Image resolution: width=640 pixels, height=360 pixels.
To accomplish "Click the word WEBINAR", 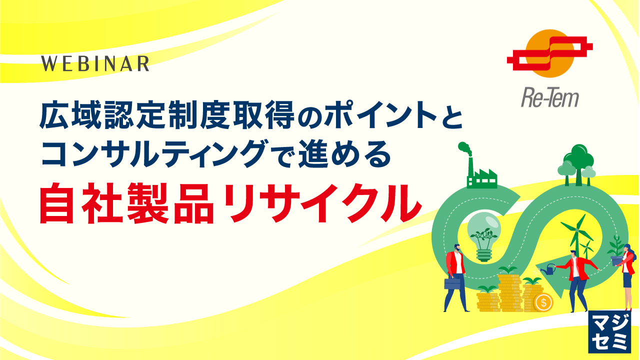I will pos(95,63).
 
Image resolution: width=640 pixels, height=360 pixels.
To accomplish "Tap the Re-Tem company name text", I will pos(548,97).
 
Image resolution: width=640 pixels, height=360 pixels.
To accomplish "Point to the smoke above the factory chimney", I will pos(464,148).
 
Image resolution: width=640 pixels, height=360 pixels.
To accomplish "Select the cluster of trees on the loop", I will pos(577,162).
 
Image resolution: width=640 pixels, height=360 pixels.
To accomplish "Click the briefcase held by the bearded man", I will pos(452,283).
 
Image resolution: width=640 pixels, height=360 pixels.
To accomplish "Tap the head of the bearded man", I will pos(457,248).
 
